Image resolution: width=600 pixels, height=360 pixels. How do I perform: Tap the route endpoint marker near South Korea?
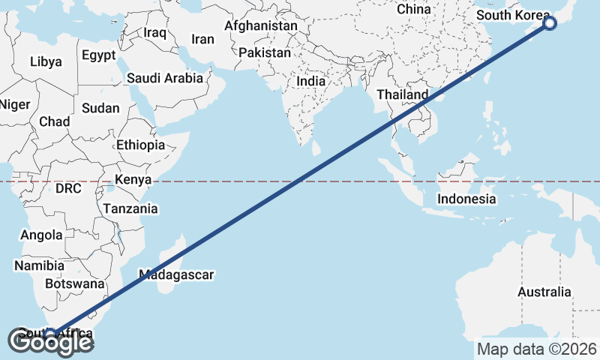pos(550,23)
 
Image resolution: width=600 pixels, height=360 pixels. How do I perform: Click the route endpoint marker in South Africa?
pos(50,334)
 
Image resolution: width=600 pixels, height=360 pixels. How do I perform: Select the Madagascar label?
pos(176,275)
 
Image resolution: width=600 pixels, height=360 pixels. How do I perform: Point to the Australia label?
pos(544,292)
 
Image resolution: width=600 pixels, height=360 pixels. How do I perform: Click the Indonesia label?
pos(466,199)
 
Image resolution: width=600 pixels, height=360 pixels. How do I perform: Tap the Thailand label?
pos(402,94)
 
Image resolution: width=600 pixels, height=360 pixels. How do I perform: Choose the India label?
pos(311,81)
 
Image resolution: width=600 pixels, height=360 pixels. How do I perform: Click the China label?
pos(413,9)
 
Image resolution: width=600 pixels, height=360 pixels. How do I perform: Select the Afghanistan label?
pos(261,25)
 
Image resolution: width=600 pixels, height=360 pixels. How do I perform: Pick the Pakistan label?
pos(265,52)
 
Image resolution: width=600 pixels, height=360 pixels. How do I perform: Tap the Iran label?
pos(203,40)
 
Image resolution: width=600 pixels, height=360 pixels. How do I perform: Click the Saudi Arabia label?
pos(164,77)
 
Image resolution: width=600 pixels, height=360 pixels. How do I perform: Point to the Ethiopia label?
pos(140,145)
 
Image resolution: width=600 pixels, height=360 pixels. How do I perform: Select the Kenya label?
pos(133,180)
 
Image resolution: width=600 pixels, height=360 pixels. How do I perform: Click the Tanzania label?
pos(130,208)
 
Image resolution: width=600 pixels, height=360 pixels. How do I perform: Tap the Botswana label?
pos(74,284)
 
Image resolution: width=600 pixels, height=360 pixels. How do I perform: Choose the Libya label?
pos(46,61)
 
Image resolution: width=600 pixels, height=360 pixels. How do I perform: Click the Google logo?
pos(50,343)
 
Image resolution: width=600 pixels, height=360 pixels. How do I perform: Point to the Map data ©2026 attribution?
pos(536,349)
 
